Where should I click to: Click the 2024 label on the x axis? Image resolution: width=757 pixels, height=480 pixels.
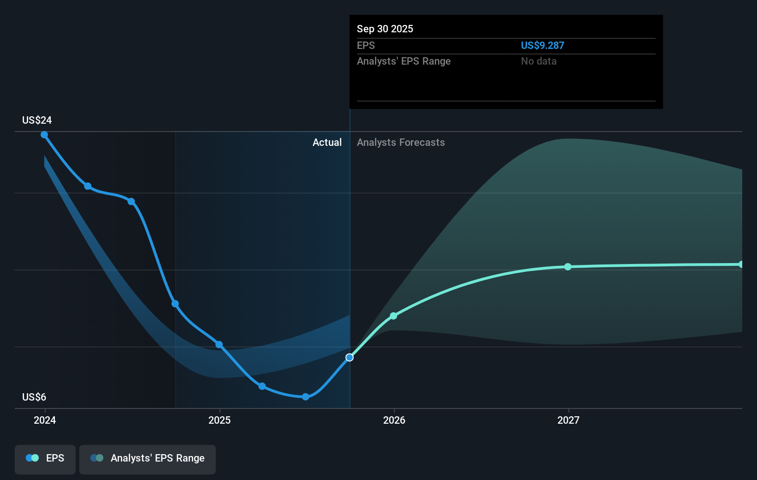[x=45, y=420]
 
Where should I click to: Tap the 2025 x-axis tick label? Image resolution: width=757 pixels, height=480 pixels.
[x=219, y=420]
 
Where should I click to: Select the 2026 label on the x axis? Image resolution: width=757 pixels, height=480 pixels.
[x=394, y=420]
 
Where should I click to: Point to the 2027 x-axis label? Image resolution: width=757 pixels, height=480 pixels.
[x=568, y=420]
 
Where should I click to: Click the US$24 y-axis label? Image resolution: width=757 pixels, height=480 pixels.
[x=37, y=120]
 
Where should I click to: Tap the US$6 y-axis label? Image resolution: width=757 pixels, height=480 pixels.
[x=34, y=397]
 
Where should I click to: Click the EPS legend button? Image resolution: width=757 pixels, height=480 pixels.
[x=45, y=458]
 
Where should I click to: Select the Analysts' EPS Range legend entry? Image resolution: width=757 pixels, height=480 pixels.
[x=148, y=458]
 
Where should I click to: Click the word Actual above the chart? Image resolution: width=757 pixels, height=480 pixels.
[x=327, y=143]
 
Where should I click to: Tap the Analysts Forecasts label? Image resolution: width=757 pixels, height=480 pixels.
[x=401, y=143]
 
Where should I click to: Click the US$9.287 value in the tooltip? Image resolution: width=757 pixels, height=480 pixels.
[x=542, y=46]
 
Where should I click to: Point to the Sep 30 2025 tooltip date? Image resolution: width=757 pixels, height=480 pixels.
[x=385, y=29]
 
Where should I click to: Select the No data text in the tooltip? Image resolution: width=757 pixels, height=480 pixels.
[x=538, y=61]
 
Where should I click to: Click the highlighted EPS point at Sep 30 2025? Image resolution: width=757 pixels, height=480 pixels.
[x=349, y=358]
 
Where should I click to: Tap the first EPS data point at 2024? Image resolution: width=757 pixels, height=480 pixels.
[x=44, y=135]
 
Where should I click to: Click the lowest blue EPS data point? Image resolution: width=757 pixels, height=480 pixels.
[x=306, y=397]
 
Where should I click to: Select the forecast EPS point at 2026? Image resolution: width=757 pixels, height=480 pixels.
[x=393, y=316]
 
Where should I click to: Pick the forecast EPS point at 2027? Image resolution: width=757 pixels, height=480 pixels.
[x=568, y=267]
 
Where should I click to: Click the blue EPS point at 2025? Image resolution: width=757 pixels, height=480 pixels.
[x=219, y=345]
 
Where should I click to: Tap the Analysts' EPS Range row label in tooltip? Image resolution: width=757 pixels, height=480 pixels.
[x=403, y=61]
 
